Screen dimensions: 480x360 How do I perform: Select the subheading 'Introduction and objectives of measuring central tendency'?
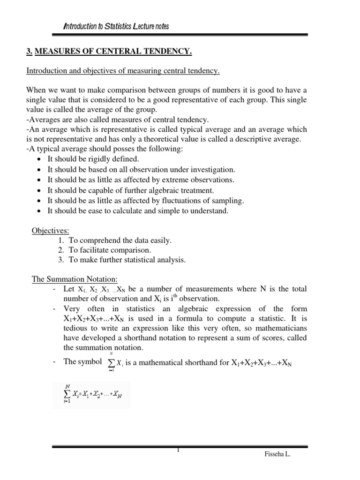pos(123,71)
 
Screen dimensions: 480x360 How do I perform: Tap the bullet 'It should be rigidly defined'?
pos(93,159)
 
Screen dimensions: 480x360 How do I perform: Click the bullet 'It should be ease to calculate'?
pos(138,211)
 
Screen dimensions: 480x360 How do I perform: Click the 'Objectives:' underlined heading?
pos(50,230)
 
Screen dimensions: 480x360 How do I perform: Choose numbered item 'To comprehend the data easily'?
pos(120,240)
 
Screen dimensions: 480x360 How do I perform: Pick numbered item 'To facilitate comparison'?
pos(110,250)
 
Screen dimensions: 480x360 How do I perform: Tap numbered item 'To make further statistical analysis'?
pos(127,260)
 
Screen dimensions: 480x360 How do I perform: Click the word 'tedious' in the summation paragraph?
pos(75,328)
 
